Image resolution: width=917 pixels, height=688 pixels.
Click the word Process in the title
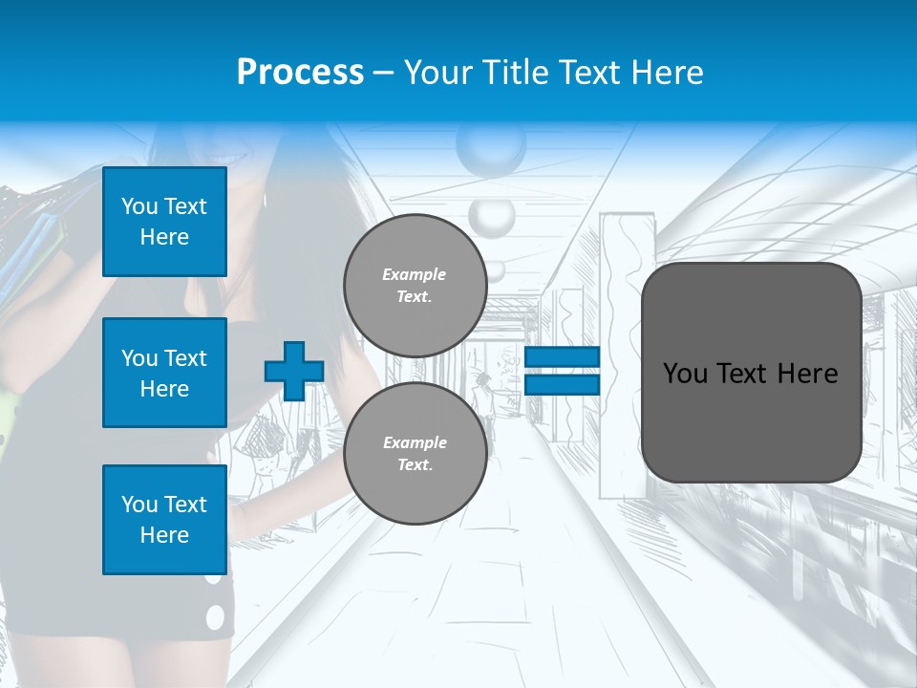[x=300, y=72]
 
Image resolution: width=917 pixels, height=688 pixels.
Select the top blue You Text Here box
[x=164, y=222]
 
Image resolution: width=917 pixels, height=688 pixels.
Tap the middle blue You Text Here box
[x=164, y=373]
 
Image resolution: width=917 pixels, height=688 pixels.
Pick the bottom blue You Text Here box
[x=164, y=519]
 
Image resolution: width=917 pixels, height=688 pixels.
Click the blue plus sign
[x=294, y=371]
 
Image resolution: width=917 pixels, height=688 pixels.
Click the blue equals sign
[x=562, y=371]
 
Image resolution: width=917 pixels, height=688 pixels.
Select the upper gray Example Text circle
[x=415, y=286]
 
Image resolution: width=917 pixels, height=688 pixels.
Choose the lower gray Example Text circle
[x=415, y=453]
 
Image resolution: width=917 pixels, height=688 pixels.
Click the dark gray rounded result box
[x=751, y=373]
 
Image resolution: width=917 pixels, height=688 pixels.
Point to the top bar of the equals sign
[x=562, y=357]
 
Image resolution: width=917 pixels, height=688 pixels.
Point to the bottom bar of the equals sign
[x=562, y=384]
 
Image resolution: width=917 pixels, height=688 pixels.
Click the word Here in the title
[x=668, y=72]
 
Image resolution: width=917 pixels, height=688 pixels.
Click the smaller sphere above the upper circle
[x=491, y=217]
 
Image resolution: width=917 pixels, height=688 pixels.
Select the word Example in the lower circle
[x=415, y=442]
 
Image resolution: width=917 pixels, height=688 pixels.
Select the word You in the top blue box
[x=139, y=206]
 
